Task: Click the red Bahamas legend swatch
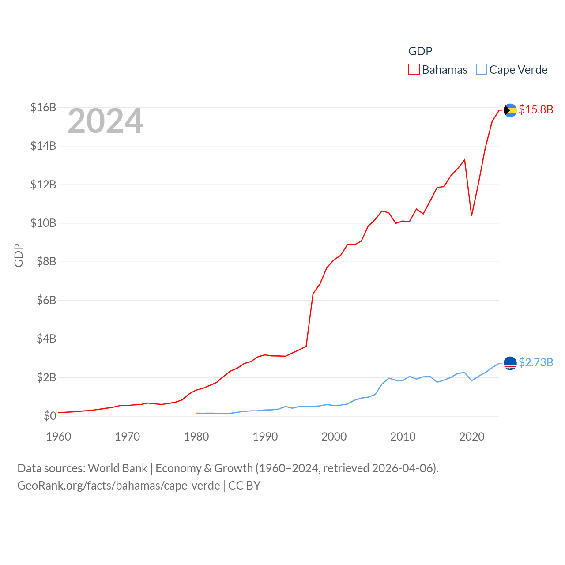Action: [x=414, y=70]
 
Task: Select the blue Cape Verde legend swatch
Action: [x=481, y=70]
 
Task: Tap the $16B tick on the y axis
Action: [x=43, y=107]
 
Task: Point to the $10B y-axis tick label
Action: [x=43, y=223]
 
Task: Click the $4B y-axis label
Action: [x=46, y=339]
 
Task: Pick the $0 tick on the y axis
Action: [x=50, y=416]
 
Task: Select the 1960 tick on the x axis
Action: [x=59, y=437]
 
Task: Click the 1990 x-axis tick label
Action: [x=265, y=437]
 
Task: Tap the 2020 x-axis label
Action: [x=472, y=437]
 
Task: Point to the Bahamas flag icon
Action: [x=510, y=110]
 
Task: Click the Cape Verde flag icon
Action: [x=510, y=363]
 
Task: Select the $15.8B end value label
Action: [x=536, y=109]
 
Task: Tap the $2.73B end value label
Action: [x=536, y=362]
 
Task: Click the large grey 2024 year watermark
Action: [x=105, y=121]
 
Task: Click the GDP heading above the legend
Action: [x=420, y=51]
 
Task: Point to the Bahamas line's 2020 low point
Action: [x=472, y=215]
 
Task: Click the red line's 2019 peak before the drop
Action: [x=465, y=159]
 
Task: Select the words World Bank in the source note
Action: [x=118, y=468]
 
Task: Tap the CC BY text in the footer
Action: [x=244, y=486]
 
